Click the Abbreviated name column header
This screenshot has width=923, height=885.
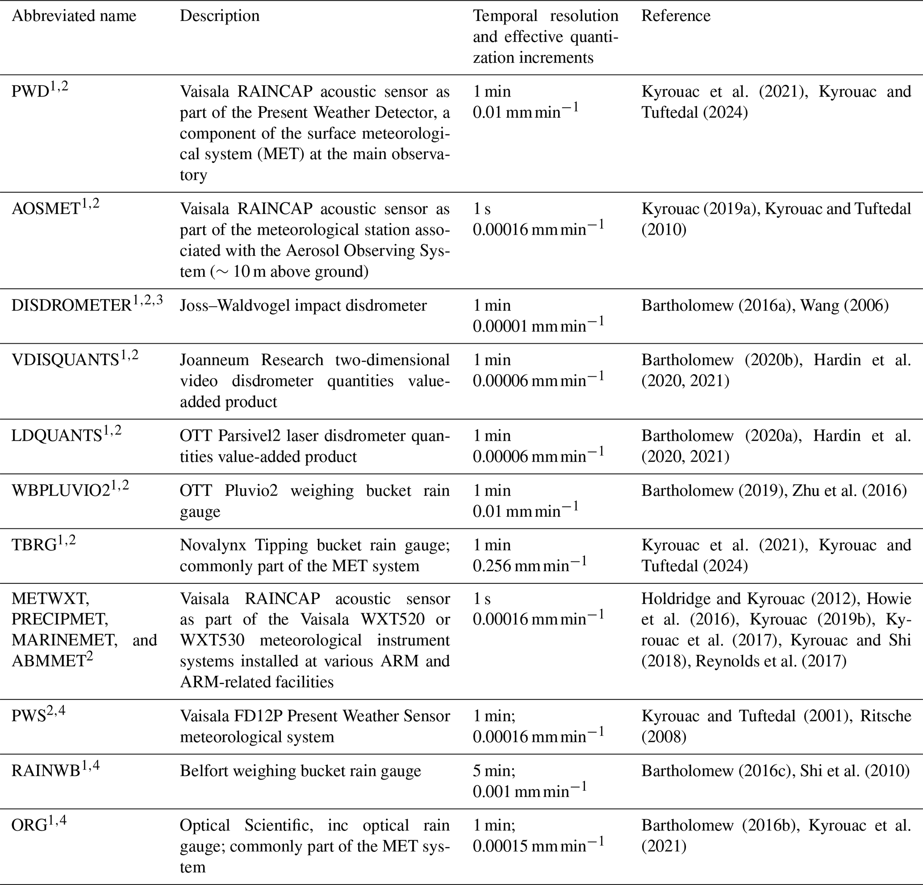coord(74,16)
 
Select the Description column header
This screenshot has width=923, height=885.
coord(219,16)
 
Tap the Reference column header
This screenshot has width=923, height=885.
coord(676,16)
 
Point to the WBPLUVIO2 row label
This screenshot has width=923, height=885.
coord(61,491)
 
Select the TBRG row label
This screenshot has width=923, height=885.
coord(34,545)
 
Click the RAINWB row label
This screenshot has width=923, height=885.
coord(46,771)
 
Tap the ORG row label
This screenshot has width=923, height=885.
coord(29,826)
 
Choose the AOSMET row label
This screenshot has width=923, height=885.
coord(46,209)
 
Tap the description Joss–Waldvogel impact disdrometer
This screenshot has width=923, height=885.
coord(303,305)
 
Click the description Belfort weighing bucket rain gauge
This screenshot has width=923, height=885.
coord(300,771)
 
